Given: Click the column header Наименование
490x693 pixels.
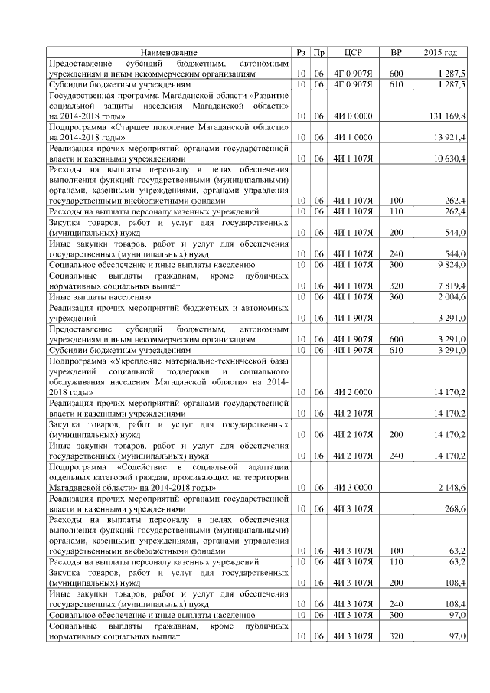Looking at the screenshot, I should tap(168, 53).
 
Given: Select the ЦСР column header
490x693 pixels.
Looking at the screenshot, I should tap(353, 53).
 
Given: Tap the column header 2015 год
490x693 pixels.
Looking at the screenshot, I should tap(440, 53).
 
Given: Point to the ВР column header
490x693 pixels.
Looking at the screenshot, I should tap(396, 53).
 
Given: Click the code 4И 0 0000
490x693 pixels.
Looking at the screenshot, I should tap(353, 116).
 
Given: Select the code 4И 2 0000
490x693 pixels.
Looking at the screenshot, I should tap(353, 392).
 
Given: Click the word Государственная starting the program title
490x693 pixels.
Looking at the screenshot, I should tap(83, 95).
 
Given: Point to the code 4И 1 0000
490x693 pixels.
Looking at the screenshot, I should tap(353, 137).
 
